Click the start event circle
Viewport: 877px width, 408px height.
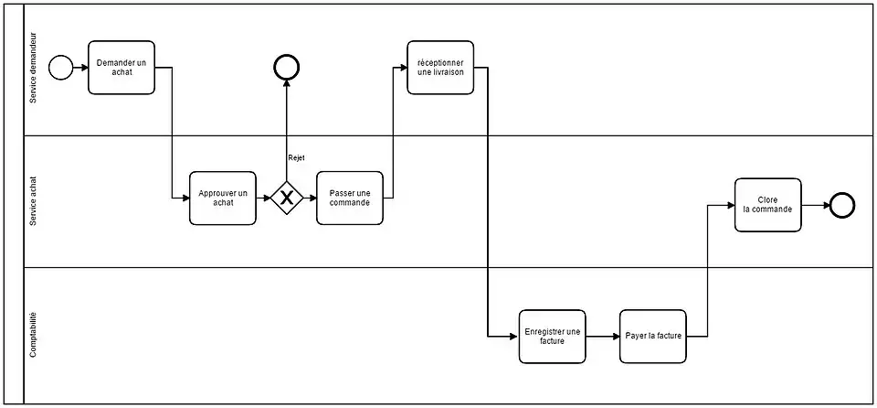[x=60, y=68]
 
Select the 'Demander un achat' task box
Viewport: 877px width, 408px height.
[x=122, y=68]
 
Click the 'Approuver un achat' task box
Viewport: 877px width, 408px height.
[x=223, y=198]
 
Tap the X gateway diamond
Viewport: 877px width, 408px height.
[x=287, y=198]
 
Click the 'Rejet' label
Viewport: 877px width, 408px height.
[x=296, y=158]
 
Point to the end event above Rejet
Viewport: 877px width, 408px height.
[x=287, y=68]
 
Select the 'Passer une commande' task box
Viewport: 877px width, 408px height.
[x=350, y=198]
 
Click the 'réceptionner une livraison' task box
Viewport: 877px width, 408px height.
[x=440, y=68]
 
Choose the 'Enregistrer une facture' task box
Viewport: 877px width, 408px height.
[x=552, y=336]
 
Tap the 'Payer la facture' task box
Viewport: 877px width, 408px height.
[x=652, y=336]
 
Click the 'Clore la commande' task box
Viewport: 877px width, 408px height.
[x=767, y=205]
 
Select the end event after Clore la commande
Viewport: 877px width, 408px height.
[x=841, y=205]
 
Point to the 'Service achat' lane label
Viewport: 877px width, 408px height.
[x=34, y=201]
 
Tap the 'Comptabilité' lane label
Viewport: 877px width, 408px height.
[x=34, y=335]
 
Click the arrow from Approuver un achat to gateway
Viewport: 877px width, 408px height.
[x=263, y=198]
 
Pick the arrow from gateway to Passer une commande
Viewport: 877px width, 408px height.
[x=310, y=198]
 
